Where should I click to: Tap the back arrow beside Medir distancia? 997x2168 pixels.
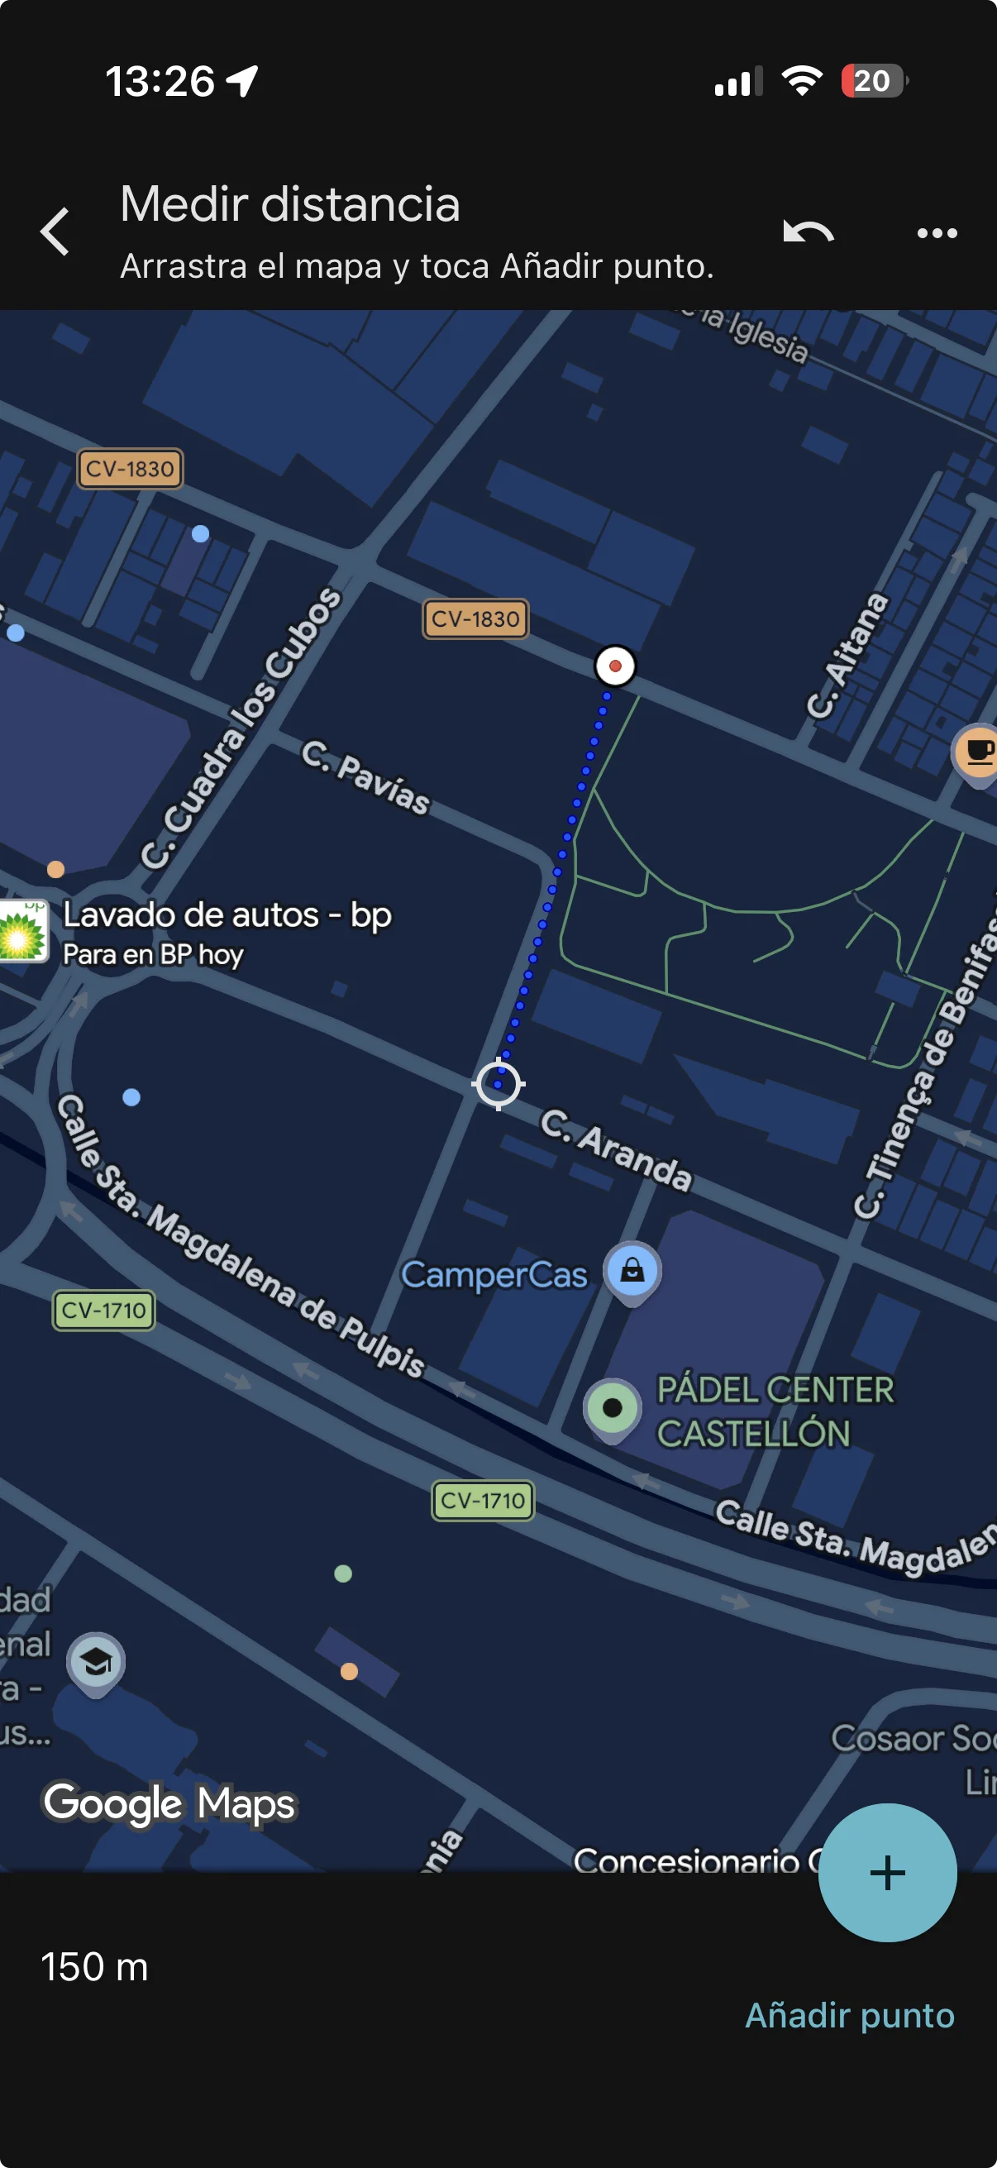pos(55,232)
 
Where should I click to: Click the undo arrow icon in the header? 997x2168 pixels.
pos(808,232)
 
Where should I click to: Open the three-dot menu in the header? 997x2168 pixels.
pos(937,233)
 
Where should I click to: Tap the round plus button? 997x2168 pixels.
pos(887,1873)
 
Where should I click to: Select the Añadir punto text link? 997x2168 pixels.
pos(850,2016)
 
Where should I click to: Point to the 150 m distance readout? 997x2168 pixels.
pos(94,1967)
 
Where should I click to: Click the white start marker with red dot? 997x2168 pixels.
pos(615,666)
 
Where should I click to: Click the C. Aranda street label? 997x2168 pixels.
pos(616,1150)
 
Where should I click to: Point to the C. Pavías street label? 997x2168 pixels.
pos(366,776)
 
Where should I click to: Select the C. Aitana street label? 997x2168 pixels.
pos(847,657)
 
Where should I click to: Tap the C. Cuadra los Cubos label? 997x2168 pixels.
pos(241,727)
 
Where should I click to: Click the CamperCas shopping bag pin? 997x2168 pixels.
pos(632,1271)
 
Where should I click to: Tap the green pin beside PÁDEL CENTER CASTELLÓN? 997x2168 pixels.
pos(612,1408)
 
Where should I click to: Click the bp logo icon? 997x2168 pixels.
pos(22,930)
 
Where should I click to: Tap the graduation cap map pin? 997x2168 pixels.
pos(96,1662)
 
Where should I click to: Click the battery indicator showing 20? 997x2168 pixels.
pos(873,82)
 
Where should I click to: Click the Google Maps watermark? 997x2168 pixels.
pos(169,1802)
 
